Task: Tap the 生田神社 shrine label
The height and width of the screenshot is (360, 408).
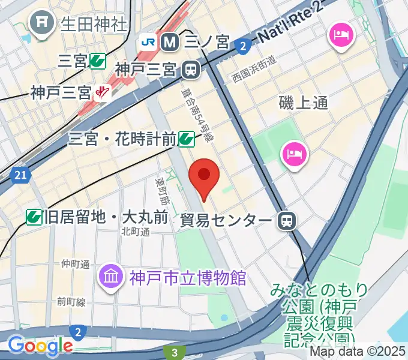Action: click(93, 24)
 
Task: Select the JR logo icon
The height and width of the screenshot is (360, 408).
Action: click(148, 42)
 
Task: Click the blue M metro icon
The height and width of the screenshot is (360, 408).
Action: click(170, 42)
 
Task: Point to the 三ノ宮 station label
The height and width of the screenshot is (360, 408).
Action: click(206, 42)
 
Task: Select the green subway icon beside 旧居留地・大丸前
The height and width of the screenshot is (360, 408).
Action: click(34, 217)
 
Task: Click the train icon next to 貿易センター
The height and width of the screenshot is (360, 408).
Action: click(286, 221)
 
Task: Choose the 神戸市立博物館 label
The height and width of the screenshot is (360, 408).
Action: click(188, 278)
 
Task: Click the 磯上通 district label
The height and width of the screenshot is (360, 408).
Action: click(304, 103)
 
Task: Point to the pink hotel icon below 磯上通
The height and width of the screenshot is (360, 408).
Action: click(295, 154)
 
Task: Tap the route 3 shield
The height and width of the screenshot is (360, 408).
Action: click(175, 352)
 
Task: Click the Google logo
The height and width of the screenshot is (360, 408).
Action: click(40, 346)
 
